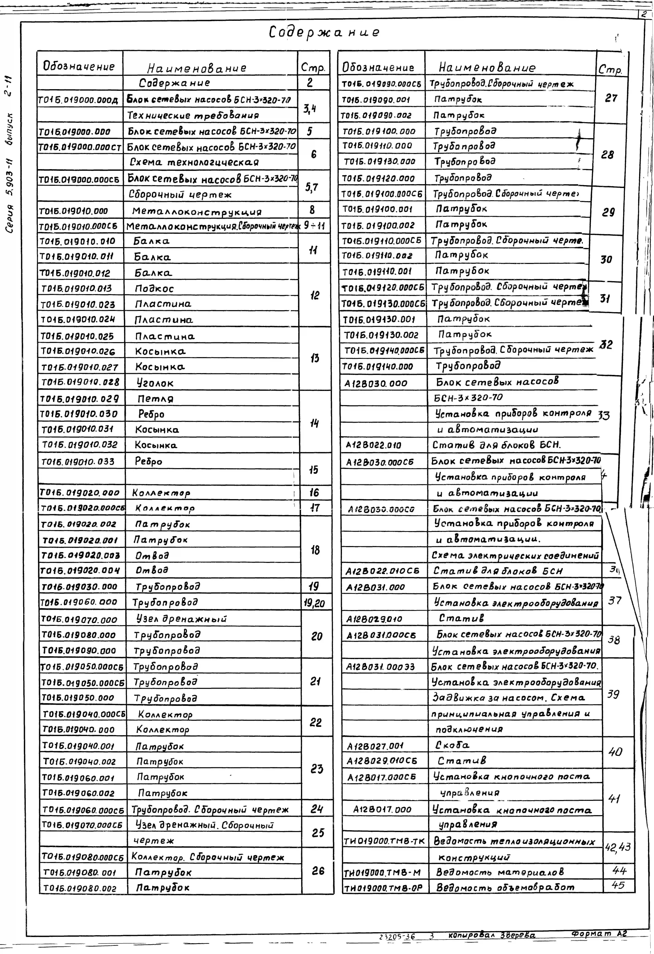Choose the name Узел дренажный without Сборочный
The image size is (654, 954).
coord(181,619)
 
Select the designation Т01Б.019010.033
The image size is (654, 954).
coord(78,461)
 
